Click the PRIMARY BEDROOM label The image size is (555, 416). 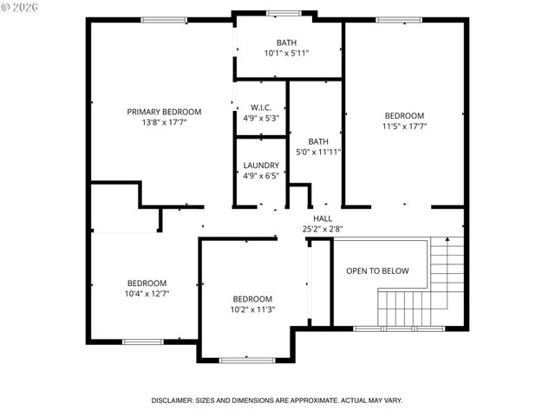click(x=164, y=112)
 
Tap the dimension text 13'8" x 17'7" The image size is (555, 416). click(x=164, y=123)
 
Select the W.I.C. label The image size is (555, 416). click(x=261, y=107)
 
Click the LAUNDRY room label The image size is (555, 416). click(x=261, y=166)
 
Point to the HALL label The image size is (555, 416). click(x=323, y=218)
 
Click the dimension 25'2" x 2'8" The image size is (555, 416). click(x=323, y=230)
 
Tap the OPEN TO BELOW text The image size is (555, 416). click(x=377, y=271)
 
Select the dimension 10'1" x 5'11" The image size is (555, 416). click(x=287, y=54)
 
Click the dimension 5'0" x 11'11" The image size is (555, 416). click(x=318, y=152)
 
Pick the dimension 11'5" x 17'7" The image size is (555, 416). click(x=404, y=127)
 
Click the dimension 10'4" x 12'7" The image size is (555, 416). click(x=147, y=294)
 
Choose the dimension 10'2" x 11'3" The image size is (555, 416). click(x=251, y=309)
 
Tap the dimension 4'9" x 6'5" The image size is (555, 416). click(x=261, y=176)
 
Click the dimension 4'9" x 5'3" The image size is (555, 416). click(x=261, y=119)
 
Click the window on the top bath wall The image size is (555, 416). click(x=284, y=13)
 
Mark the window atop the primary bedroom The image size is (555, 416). click(x=165, y=20)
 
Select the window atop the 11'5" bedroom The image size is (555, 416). click(x=399, y=20)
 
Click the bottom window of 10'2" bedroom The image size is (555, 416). click(x=247, y=360)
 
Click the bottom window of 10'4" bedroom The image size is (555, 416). click(x=143, y=341)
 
